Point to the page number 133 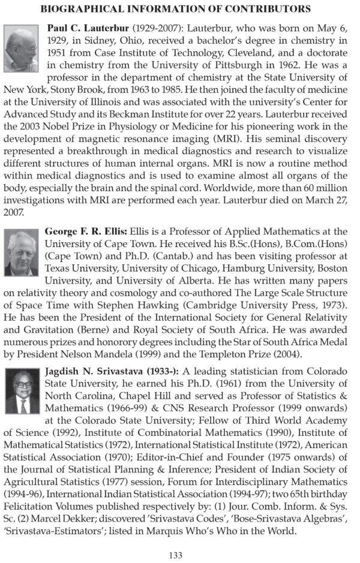pos(175,555)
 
